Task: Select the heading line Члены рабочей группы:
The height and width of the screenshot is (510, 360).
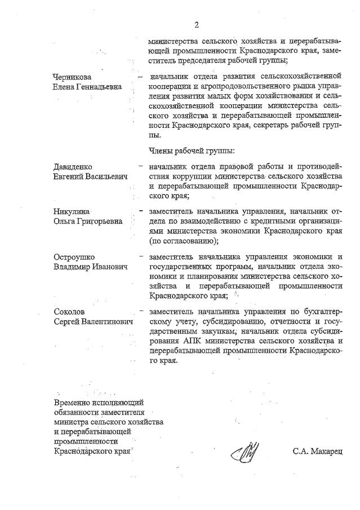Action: [x=192, y=150]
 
